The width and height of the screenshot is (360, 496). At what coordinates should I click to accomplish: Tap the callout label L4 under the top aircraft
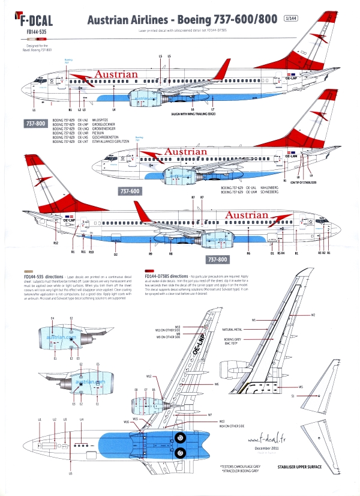114,110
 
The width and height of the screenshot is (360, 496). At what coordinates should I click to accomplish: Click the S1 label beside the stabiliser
292,396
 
